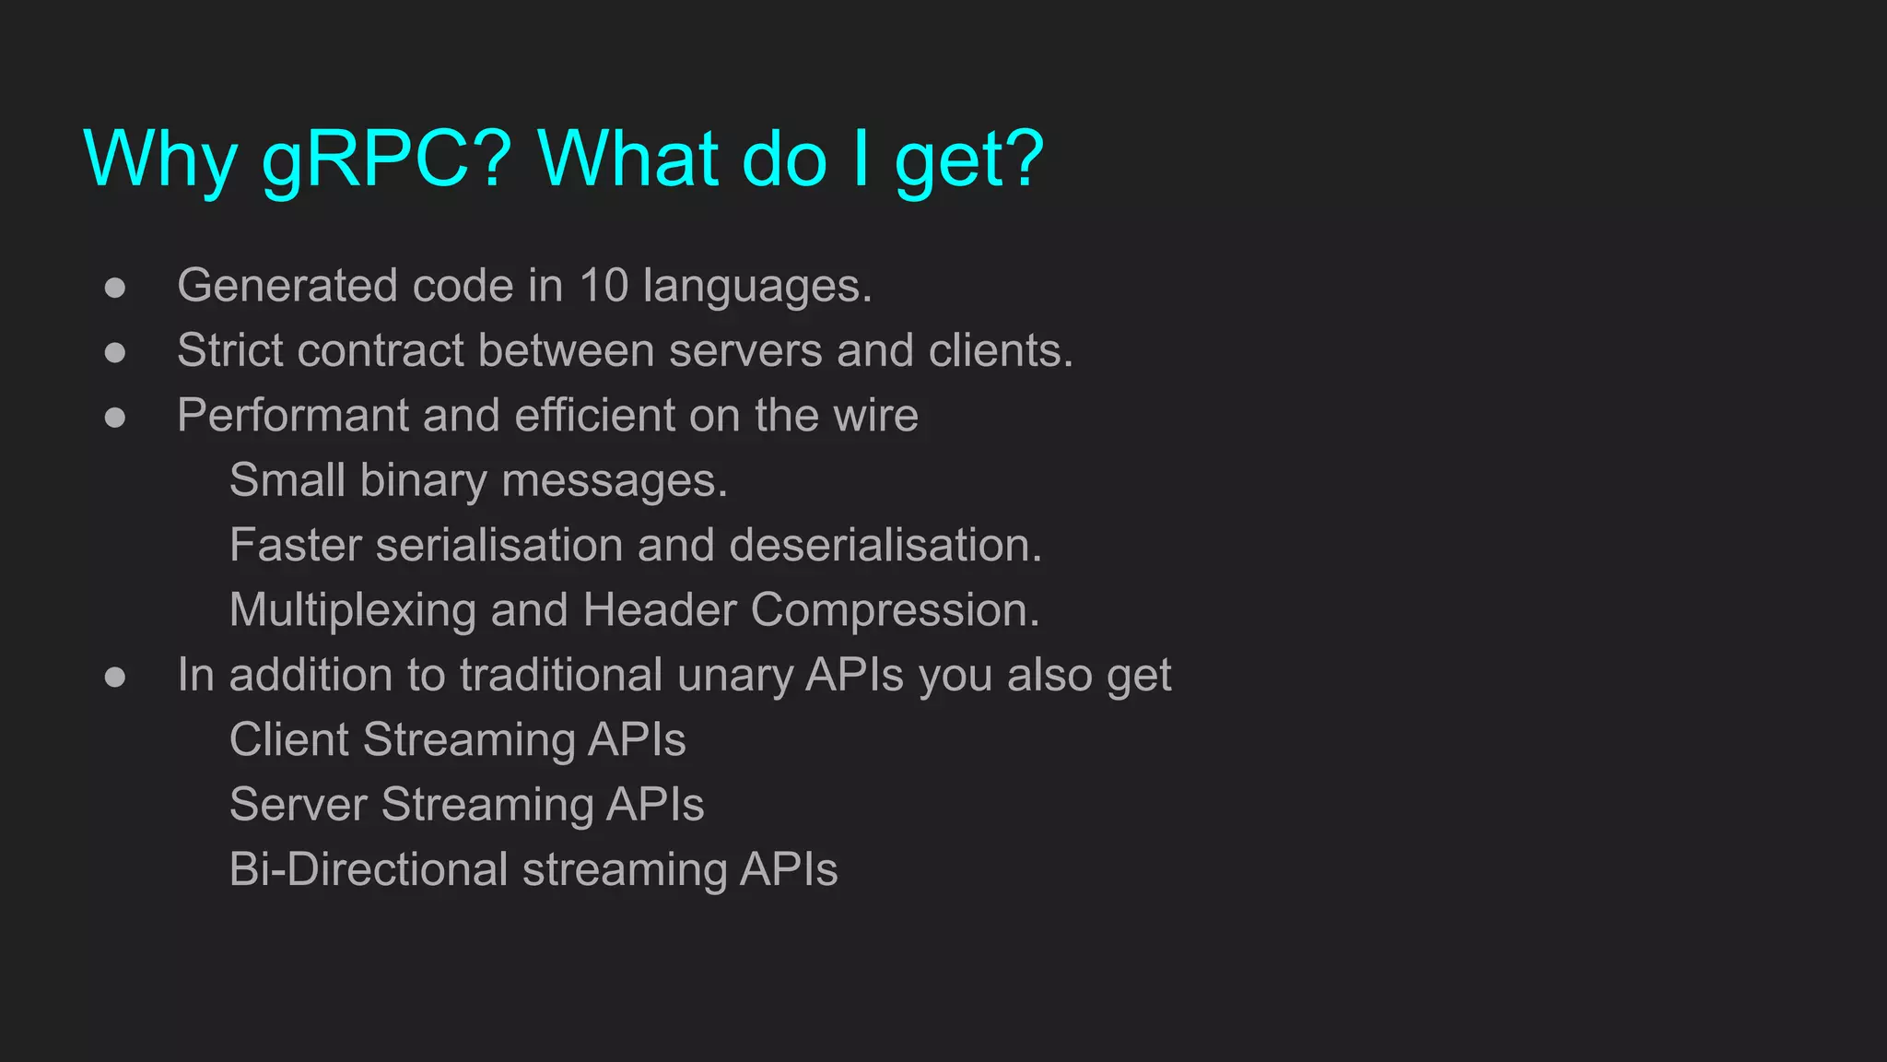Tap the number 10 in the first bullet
[604, 286]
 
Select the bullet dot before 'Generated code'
[115, 288]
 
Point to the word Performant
[292, 416]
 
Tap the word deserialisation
[885, 545]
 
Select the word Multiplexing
[352, 610]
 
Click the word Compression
[895, 610]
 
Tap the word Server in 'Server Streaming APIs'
[299, 805]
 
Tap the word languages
[756, 287]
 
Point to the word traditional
[561, 676]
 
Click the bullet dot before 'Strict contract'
[115, 352]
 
